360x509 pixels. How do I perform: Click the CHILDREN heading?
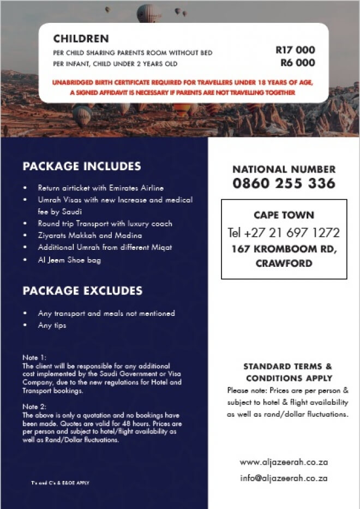coord(81,39)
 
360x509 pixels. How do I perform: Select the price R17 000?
coord(295,50)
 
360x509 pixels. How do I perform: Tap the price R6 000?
coord(298,63)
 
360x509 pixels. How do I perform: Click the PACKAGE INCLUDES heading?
coord(82,166)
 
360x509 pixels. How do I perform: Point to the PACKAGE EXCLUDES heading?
coord(82,291)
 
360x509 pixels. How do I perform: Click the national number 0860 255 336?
coord(284,184)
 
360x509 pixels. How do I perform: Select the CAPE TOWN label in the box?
coord(284,215)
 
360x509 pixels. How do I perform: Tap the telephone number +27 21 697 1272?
coord(284,233)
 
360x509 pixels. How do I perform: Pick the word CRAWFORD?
coord(284,264)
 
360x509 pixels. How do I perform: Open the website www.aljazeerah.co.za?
coord(284,462)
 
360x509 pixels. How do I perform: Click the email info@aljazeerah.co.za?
coord(284,478)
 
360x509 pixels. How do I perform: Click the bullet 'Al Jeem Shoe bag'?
coord(69,260)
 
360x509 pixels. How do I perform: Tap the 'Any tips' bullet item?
coord(52,326)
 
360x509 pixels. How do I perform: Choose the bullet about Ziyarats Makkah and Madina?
coord(89,236)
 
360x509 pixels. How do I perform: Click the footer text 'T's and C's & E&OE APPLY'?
coord(60,483)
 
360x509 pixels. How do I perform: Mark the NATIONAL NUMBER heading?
coord(284,169)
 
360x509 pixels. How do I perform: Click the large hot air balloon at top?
coord(148,12)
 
